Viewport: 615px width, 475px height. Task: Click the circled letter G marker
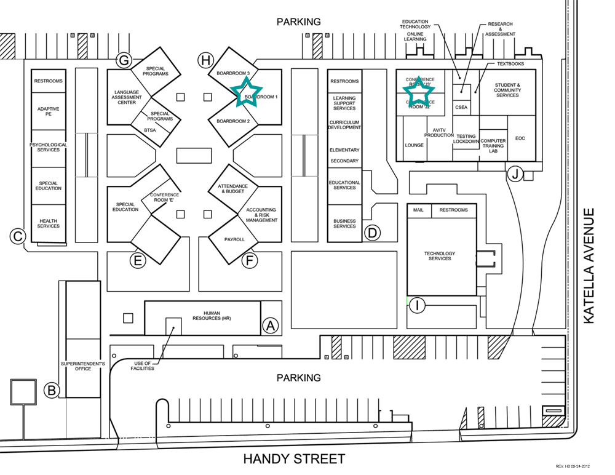pos(125,60)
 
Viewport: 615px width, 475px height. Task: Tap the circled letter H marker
pos(205,60)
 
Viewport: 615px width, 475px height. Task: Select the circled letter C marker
pos(18,235)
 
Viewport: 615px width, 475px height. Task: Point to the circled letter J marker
pos(515,174)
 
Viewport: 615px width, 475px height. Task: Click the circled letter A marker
pos(271,326)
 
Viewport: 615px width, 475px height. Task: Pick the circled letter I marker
pos(418,305)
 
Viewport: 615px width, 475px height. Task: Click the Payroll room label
pos(234,239)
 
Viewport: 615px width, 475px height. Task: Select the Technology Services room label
pos(440,256)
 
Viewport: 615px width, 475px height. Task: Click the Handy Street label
pos(294,459)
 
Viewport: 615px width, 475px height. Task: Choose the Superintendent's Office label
pos(83,366)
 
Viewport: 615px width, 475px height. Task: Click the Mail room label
pos(419,210)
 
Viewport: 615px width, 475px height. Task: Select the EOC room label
pos(520,138)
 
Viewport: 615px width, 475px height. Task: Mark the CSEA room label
pos(461,107)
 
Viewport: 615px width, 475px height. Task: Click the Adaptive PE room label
pos(48,111)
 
